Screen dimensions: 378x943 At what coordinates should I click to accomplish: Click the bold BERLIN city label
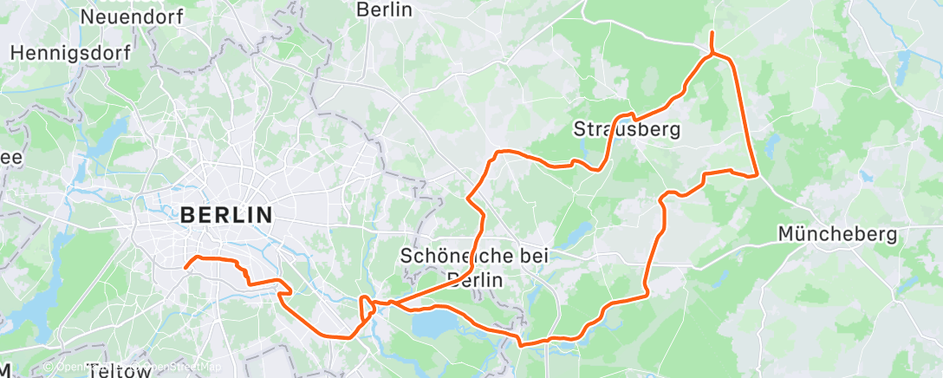tap(226, 214)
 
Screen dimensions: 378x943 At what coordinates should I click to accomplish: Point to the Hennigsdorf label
tap(71, 53)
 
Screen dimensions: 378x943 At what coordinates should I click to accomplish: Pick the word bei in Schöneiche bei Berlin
tap(524, 256)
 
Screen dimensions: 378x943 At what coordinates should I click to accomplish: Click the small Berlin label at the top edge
tap(384, 10)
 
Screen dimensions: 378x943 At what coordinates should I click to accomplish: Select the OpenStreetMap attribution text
tap(173, 367)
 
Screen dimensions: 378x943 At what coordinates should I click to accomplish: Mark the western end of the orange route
tap(185, 267)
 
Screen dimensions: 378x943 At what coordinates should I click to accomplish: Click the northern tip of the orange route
tap(712, 33)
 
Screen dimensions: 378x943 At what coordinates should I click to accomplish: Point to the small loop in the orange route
tap(367, 307)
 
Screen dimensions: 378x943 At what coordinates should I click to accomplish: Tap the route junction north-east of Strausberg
tap(712, 55)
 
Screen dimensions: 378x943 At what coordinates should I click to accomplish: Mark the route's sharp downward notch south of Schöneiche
tap(520, 343)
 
